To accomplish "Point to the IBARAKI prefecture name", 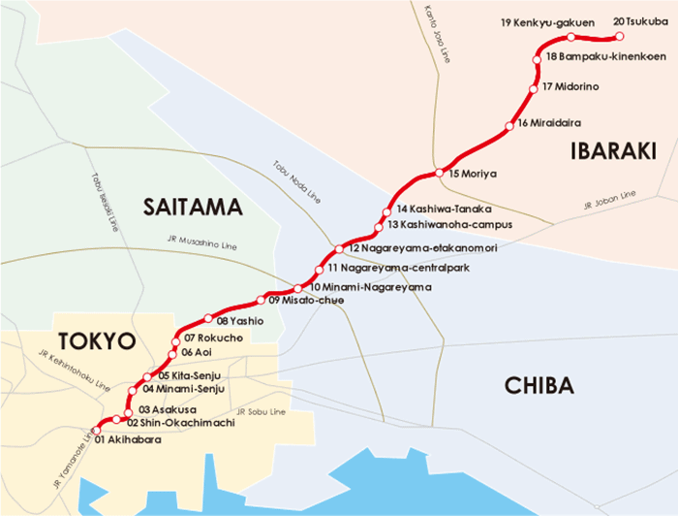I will tap(612, 150).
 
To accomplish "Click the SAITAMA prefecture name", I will tap(191, 207).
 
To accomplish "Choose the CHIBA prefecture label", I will tap(539, 385).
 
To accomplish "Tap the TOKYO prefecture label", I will tap(95, 340).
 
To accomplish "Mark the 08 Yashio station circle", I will tap(205, 317).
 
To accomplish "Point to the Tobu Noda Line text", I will tap(295, 181).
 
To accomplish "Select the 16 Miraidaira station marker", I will tap(509, 127).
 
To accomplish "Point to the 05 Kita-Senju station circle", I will tap(148, 376).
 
